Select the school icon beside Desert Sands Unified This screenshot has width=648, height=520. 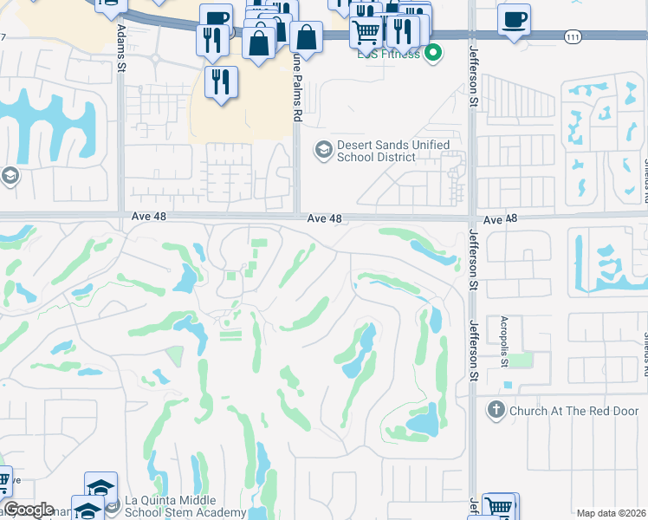[x=323, y=151]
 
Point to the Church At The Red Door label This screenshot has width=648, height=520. [x=566, y=411]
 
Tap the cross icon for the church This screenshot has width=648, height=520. [x=496, y=410]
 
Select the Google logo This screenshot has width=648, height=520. [x=28, y=510]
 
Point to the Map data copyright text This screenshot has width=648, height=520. [x=612, y=513]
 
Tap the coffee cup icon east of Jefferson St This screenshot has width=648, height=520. [x=514, y=19]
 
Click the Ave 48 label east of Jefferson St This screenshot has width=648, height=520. [x=500, y=220]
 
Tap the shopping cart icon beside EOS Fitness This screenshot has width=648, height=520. [x=366, y=32]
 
